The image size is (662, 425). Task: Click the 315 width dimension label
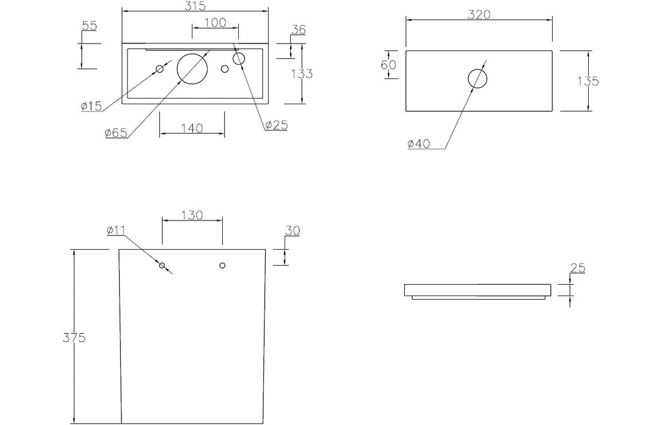click(x=195, y=5)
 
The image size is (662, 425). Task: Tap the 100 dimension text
click(x=215, y=23)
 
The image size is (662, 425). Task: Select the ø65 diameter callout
click(x=116, y=133)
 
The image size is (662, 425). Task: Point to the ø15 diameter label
click(x=91, y=106)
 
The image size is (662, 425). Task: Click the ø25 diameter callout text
click(x=276, y=125)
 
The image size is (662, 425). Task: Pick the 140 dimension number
click(x=192, y=128)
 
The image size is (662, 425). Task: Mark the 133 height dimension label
click(x=302, y=74)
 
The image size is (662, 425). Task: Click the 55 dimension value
click(x=89, y=26)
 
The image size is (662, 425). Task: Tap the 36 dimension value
click(x=298, y=30)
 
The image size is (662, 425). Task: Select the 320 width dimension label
click(x=479, y=15)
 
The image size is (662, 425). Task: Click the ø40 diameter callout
click(x=419, y=144)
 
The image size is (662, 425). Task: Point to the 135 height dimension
click(x=588, y=81)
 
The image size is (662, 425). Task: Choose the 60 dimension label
click(x=388, y=65)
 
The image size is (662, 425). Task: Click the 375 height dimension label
click(x=74, y=338)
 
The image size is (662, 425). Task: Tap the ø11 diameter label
click(x=116, y=230)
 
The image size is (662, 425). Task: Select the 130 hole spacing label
click(x=192, y=215)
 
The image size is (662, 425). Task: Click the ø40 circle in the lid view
click(x=478, y=78)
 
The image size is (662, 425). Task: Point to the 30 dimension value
click(x=292, y=231)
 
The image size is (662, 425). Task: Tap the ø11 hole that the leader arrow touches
click(x=162, y=265)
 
